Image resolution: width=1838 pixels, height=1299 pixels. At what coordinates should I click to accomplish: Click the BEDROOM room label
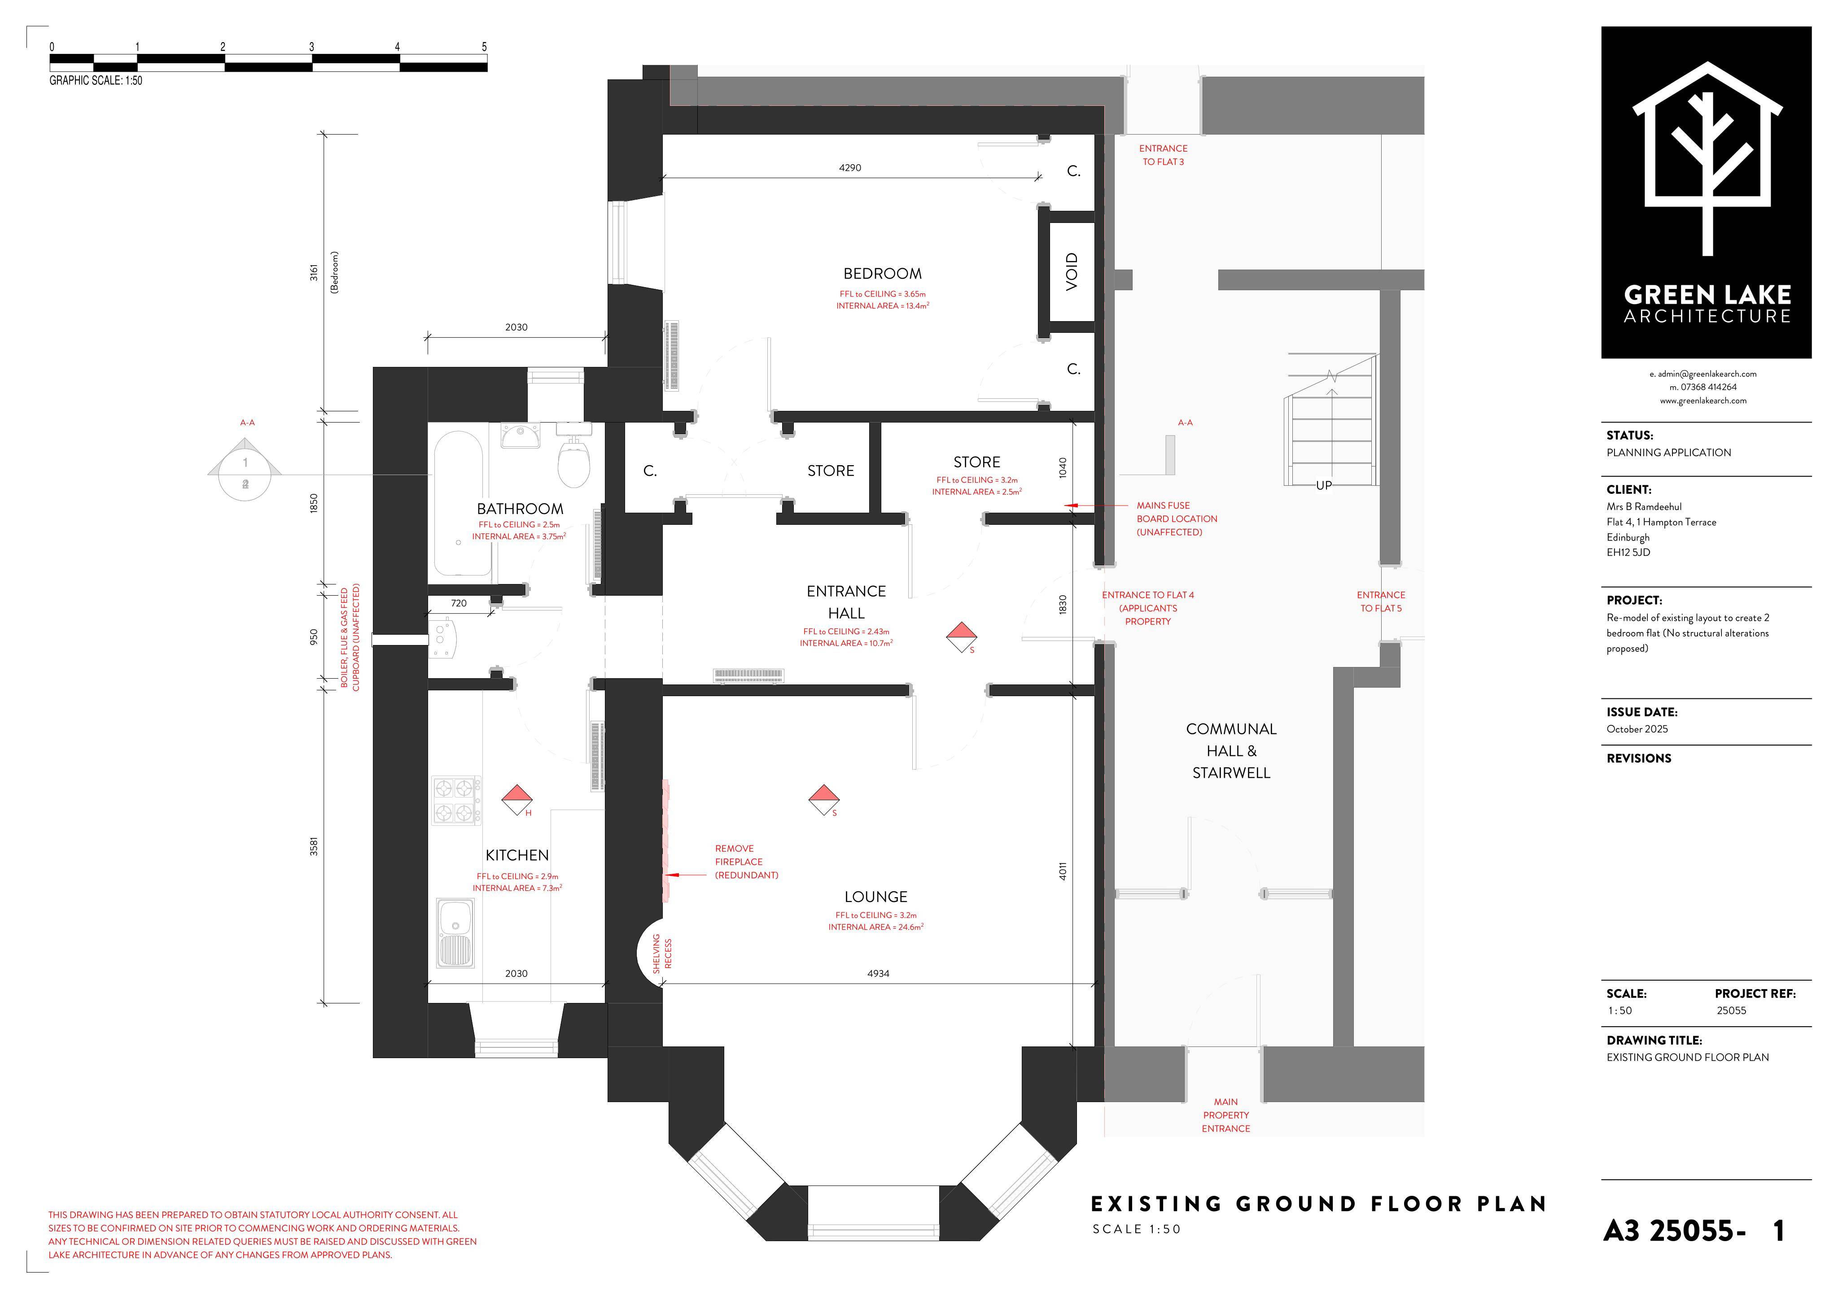coord(882,274)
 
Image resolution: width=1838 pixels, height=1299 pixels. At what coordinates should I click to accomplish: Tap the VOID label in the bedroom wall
coord(1072,271)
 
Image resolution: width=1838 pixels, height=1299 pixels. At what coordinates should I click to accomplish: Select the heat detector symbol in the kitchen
coord(517,800)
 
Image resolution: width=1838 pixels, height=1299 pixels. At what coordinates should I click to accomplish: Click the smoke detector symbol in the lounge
coord(824,800)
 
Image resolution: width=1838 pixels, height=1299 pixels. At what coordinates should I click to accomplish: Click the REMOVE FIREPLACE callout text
coord(746,862)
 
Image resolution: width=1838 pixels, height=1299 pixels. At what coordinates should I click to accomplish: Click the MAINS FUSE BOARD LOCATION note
coord(1177,519)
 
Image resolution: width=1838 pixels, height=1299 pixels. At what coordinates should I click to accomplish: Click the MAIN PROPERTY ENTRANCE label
coord(1225,1115)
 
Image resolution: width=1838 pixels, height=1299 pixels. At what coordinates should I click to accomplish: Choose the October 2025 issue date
coord(1637,729)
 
